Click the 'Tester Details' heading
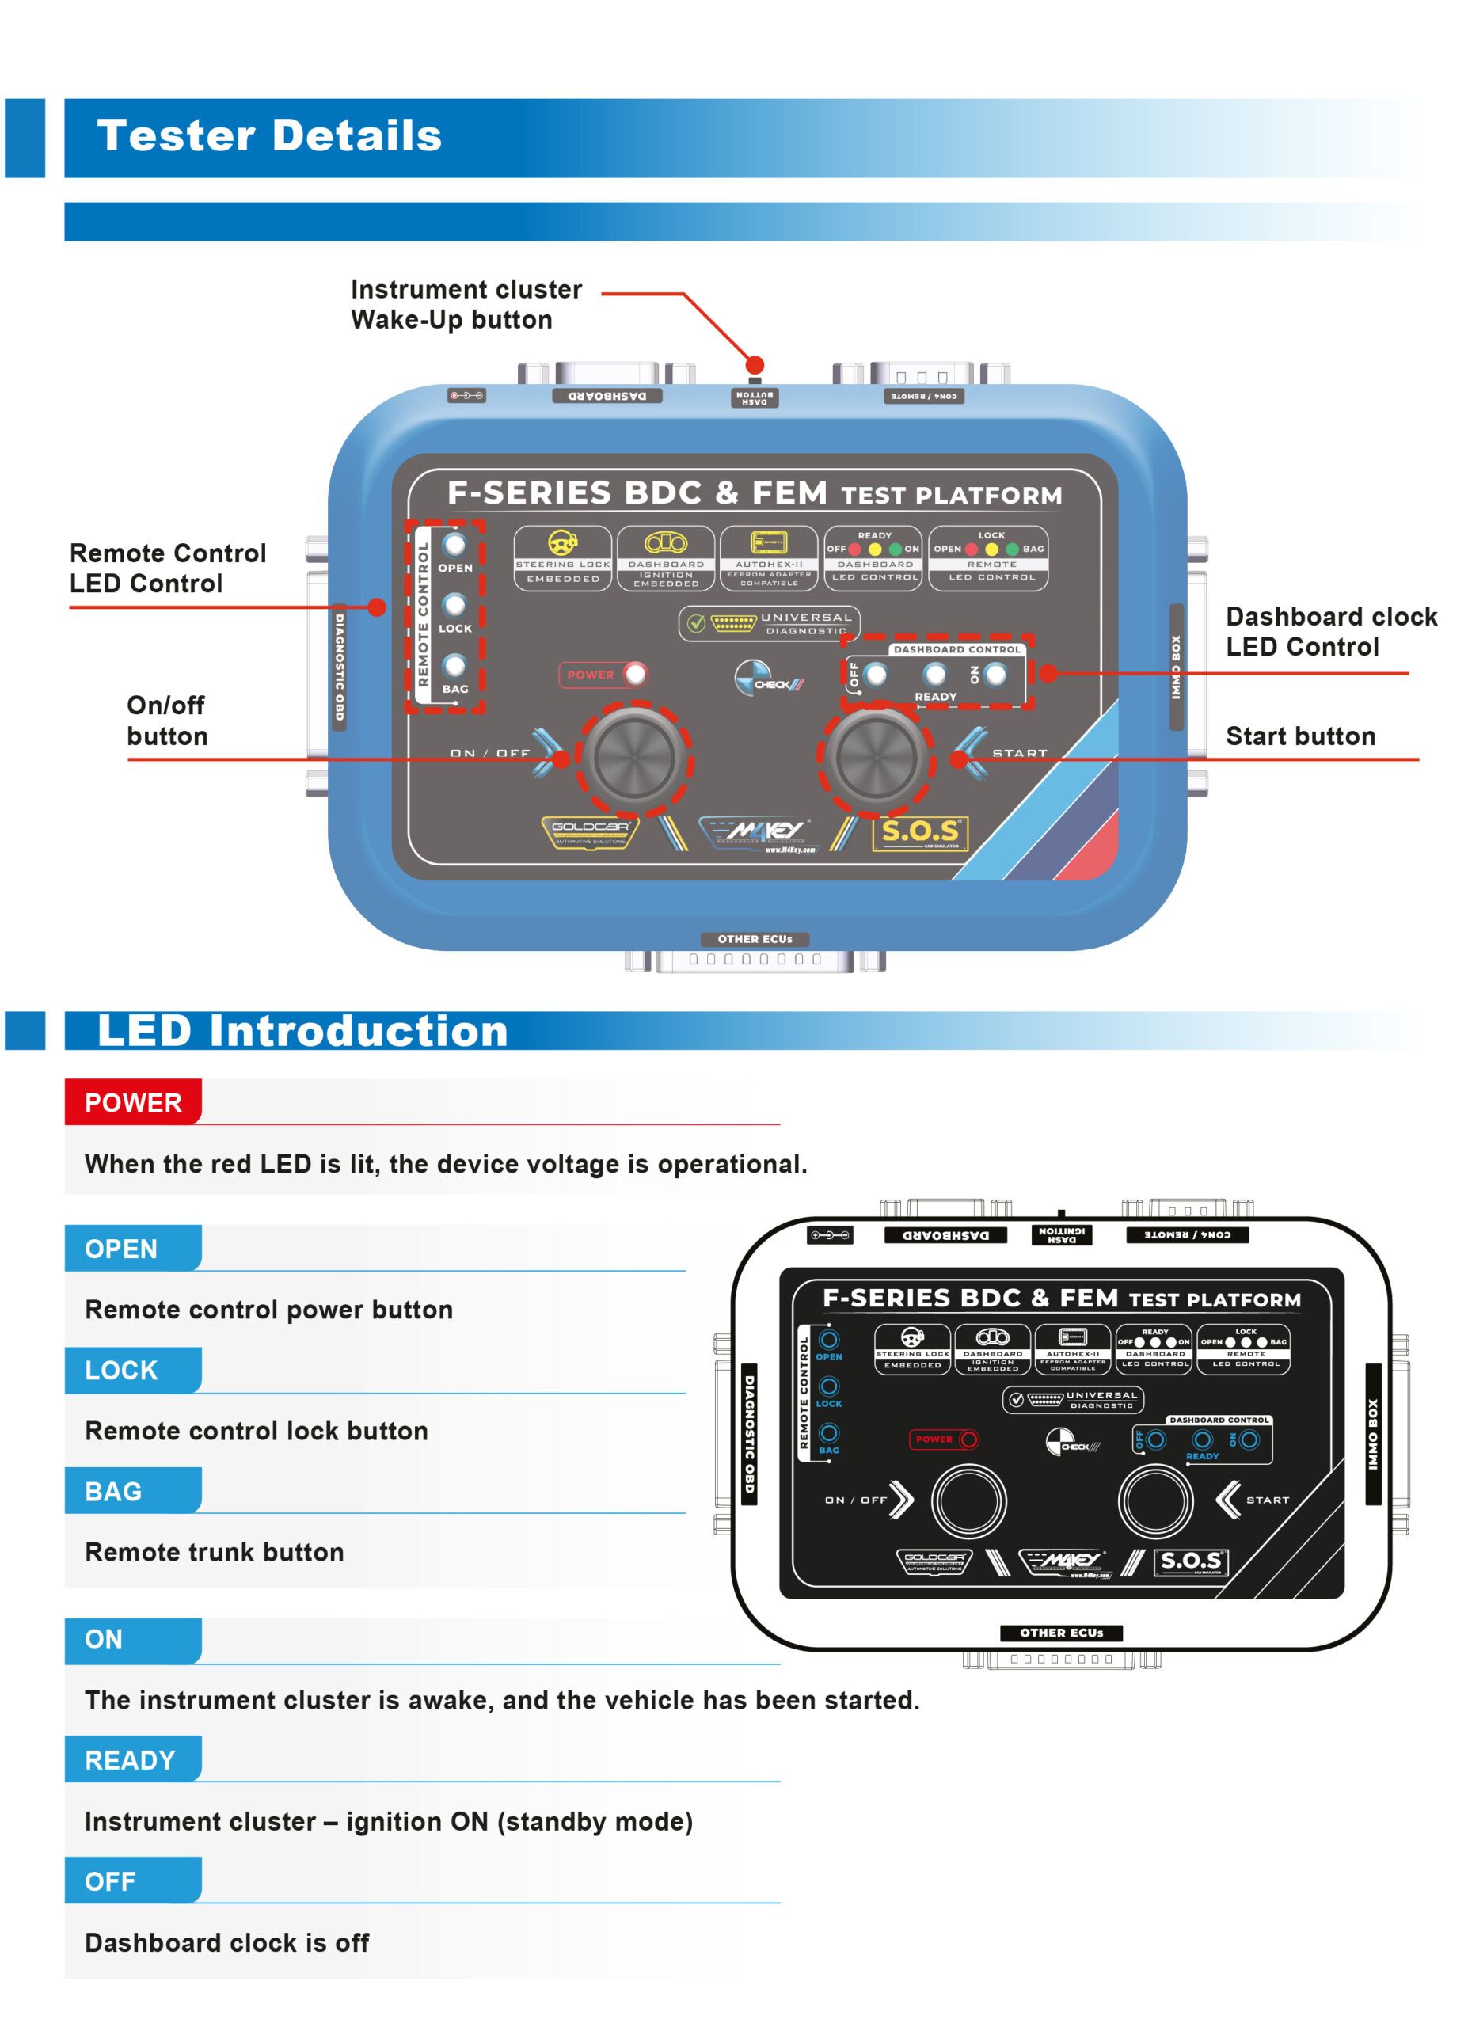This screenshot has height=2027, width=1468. [x=268, y=136]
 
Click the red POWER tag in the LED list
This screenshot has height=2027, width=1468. [x=133, y=1103]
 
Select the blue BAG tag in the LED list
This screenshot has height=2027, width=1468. [x=113, y=1491]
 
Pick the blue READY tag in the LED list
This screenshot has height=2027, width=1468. [x=131, y=1760]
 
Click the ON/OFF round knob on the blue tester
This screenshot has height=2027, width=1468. [x=634, y=758]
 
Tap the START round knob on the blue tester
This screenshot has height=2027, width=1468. [x=877, y=758]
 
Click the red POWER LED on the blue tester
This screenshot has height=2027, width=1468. [x=635, y=674]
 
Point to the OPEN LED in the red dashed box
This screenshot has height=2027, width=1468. [x=454, y=543]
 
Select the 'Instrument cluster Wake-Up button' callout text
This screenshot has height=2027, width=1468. [x=466, y=305]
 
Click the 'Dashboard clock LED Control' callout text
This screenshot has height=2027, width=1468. [x=1330, y=631]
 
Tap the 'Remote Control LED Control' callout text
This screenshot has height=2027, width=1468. [x=168, y=568]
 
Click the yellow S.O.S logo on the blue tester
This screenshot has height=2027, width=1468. [x=919, y=832]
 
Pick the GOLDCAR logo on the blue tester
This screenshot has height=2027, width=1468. [x=590, y=831]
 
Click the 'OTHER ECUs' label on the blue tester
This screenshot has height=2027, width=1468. [x=755, y=938]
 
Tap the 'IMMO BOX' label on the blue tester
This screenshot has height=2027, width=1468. [x=1176, y=667]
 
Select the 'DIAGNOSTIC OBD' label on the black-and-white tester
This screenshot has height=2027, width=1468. [x=749, y=1434]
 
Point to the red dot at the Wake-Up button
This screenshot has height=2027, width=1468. [x=755, y=365]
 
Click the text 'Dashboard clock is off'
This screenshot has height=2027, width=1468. [x=227, y=1942]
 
